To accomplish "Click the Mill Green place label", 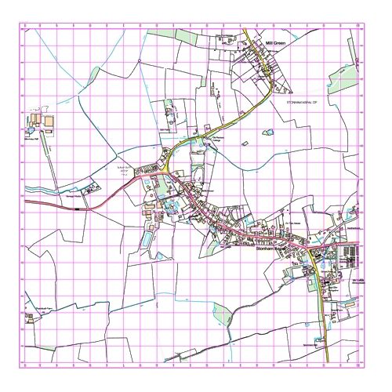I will coord(278,45).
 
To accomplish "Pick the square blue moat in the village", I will coord(172,207).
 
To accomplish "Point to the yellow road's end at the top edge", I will coord(243,28).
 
